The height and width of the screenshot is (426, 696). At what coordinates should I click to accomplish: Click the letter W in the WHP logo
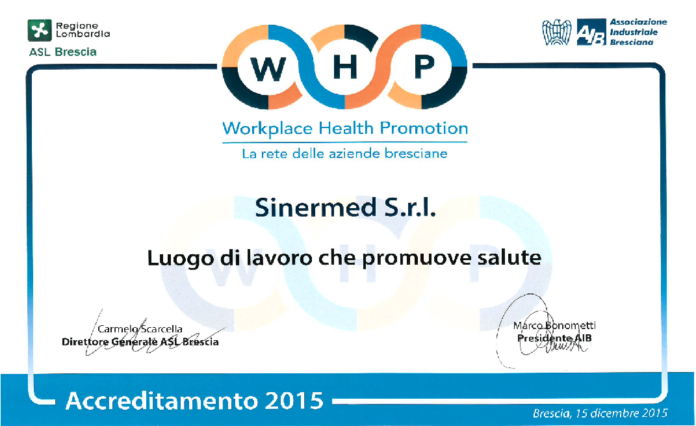pos(268,69)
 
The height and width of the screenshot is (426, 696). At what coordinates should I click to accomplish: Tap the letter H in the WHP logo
pos(345,68)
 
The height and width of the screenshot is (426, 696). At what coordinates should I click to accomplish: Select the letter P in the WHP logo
pos(424,68)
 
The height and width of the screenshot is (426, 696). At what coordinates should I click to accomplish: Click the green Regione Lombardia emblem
pos(40,30)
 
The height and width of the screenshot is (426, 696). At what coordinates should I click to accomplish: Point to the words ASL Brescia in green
pos(62,52)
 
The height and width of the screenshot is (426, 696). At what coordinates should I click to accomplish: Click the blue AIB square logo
pos(591,32)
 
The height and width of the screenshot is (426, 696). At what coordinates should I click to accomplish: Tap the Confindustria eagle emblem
pos(557,32)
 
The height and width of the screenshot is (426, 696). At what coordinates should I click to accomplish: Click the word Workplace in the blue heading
pos(268,129)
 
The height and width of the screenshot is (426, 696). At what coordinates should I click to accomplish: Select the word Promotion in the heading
pos(424,128)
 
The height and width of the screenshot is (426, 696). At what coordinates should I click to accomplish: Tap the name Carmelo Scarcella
pos(140,329)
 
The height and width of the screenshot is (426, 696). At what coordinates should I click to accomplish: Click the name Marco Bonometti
pos(554,326)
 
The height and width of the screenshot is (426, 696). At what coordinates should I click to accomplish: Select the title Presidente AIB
pos(554,338)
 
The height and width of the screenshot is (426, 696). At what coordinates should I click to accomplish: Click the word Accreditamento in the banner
pos(162,401)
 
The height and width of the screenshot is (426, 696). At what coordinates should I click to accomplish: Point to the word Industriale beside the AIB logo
pos(634,32)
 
